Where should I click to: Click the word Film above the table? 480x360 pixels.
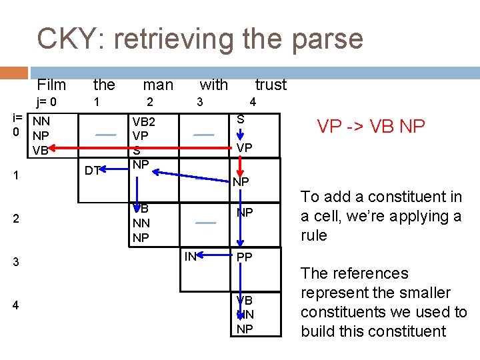click(x=51, y=85)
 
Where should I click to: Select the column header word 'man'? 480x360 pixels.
click(x=158, y=85)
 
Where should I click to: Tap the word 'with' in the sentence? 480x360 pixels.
click(x=213, y=85)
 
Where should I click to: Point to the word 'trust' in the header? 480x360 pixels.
click(x=271, y=85)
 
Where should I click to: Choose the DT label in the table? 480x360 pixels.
click(x=93, y=171)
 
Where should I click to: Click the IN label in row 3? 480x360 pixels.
click(x=191, y=255)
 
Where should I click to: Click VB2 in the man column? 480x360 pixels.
click(x=143, y=122)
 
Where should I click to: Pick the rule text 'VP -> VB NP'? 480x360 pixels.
click(x=370, y=126)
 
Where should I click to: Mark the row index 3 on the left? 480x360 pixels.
click(x=16, y=263)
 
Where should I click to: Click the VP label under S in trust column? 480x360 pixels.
click(x=245, y=147)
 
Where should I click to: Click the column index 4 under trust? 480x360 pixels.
click(x=252, y=103)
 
